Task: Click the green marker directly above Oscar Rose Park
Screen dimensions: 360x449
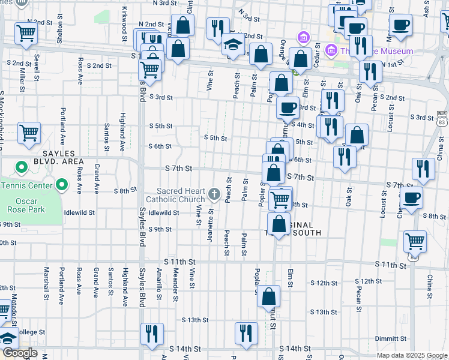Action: click(61, 184)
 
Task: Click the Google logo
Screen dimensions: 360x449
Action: click(19, 353)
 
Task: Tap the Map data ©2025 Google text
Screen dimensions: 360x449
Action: click(412, 355)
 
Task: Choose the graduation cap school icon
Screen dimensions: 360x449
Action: click(233, 45)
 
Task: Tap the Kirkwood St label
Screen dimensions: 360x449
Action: click(124, 20)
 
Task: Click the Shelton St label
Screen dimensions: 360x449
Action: click(60, 31)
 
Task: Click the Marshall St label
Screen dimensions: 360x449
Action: click(46, 283)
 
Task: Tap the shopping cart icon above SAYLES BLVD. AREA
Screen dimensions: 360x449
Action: click(28, 133)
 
